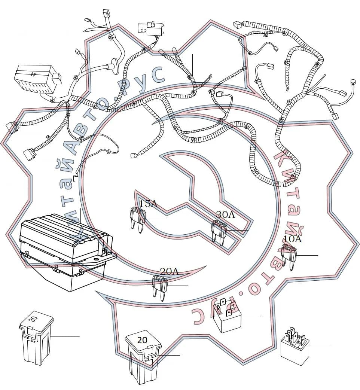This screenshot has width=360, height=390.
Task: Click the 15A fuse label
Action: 148,204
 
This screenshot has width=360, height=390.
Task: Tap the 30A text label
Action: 226,214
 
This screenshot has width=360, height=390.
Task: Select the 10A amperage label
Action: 292,239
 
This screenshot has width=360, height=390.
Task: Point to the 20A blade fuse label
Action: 169,271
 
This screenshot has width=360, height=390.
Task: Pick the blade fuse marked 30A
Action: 219,232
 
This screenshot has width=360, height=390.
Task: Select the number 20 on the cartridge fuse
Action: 142,340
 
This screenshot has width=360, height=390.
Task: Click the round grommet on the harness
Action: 115,66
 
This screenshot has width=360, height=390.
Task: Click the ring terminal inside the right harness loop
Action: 287,88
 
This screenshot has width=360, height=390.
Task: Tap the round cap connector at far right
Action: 352,82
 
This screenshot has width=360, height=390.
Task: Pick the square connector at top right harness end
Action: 238,24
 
